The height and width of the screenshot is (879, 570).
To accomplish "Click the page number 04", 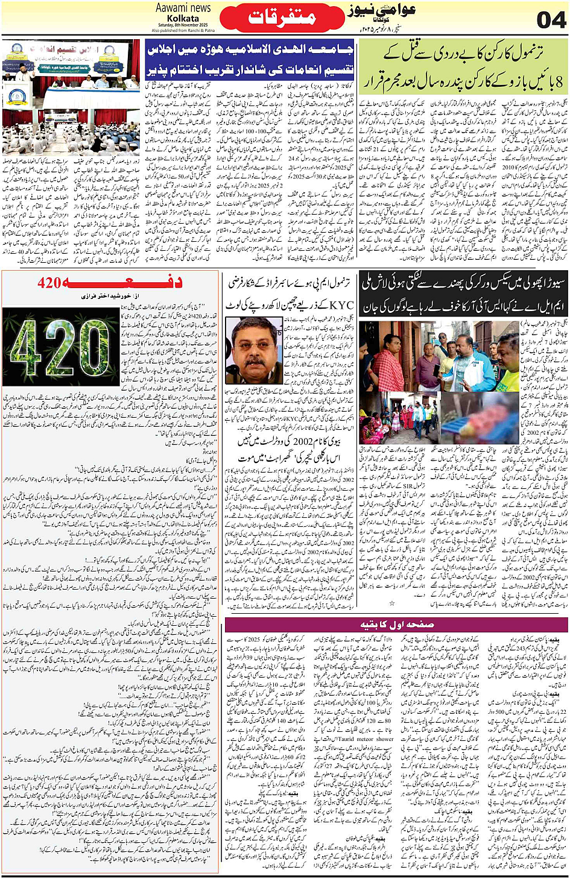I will [x=551, y=19].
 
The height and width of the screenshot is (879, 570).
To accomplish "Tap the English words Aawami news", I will [x=183, y=8].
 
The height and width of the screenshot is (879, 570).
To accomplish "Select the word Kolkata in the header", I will [x=183, y=18].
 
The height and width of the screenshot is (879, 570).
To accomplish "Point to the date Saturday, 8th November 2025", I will [x=183, y=25].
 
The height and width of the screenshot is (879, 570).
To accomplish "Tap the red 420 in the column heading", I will [x=49, y=282].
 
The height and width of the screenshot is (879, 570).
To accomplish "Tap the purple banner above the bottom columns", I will [x=396, y=624].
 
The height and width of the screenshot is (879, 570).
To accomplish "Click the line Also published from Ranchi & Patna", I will [x=183, y=30].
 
